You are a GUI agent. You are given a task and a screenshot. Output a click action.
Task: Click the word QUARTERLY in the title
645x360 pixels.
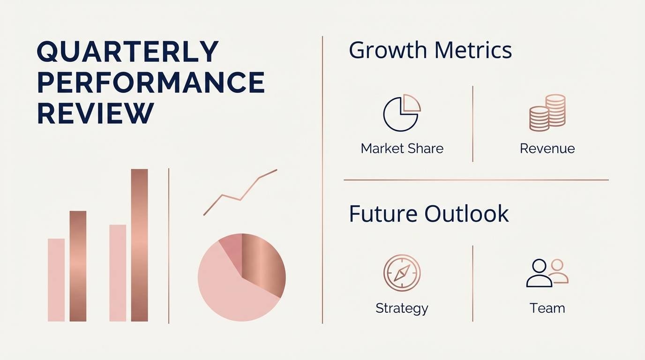pyautogui.click(x=127, y=52)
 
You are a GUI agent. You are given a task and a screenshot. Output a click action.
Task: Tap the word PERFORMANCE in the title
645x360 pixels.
pyautogui.click(x=151, y=82)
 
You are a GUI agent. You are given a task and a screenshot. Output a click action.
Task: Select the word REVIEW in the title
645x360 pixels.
pyautogui.click(x=95, y=113)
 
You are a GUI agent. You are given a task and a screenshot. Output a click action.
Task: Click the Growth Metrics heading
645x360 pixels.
pyautogui.click(x=430, y=50)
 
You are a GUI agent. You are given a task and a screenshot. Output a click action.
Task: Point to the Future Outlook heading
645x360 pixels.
pyautogui.click(x=429, y=213)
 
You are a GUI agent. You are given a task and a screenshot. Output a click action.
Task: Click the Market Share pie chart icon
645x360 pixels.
pyautogui.click(x=402, y=112)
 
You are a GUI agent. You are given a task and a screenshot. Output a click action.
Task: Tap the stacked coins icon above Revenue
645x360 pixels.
pyautogui.click(x=547, y=112)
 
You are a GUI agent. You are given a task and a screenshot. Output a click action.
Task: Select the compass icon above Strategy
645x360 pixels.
pyautogui.click(x=402, y=272)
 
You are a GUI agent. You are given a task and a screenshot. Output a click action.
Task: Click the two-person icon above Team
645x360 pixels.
pyautogui.click(x=547, y=273)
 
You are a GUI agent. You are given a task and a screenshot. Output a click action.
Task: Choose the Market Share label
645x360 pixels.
pyautogui.click(x=402, y=149)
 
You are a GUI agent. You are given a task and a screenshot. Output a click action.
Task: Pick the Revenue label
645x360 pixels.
pyautogui.click(x=547, y=149)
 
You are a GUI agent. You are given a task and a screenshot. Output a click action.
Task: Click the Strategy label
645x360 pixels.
pyautogui.click(x=402, y=308)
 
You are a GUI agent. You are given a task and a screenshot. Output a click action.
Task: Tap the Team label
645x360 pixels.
pyautogui.click(x=547, y=308)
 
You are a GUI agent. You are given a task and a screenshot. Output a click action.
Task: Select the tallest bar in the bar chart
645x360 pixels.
pyautogui.click(x=139, y=245)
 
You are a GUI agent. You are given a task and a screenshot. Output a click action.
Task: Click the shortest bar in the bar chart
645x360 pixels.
pyautogui.click(x=56, y=280)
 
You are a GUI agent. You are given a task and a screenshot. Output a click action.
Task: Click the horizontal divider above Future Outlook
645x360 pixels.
pyautogui.click(x=476, y=180)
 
